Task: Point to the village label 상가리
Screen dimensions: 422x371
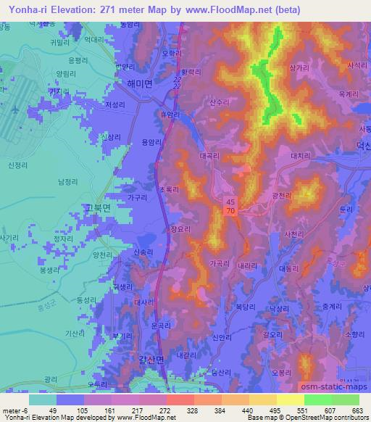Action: (299, 67)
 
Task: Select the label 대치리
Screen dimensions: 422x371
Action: (300, 154)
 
